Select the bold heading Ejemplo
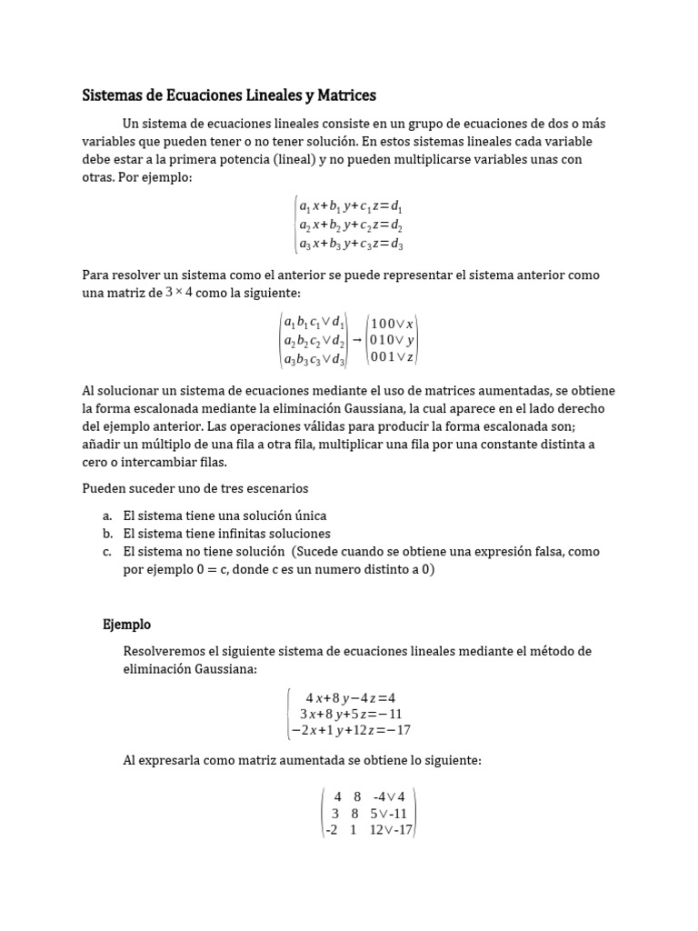click(x=126, y=625)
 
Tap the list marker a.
click(x=107, y=516)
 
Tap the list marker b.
click(x=107, y=534)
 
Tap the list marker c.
click(x=107, y=552)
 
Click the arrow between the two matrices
click(x=356, y=339)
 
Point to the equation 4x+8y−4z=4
click(x=350, y=697)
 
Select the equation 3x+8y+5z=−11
click(x=350, y=714)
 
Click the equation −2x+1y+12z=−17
click(x=350, y=730)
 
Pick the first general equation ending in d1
click(x=351, y=208)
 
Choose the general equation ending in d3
click(x=351, y=243)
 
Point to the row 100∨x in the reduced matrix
click(x=393, y=323)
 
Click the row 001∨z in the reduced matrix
click(x=393, y=356)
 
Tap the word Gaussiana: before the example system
click(x=224, y=669)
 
